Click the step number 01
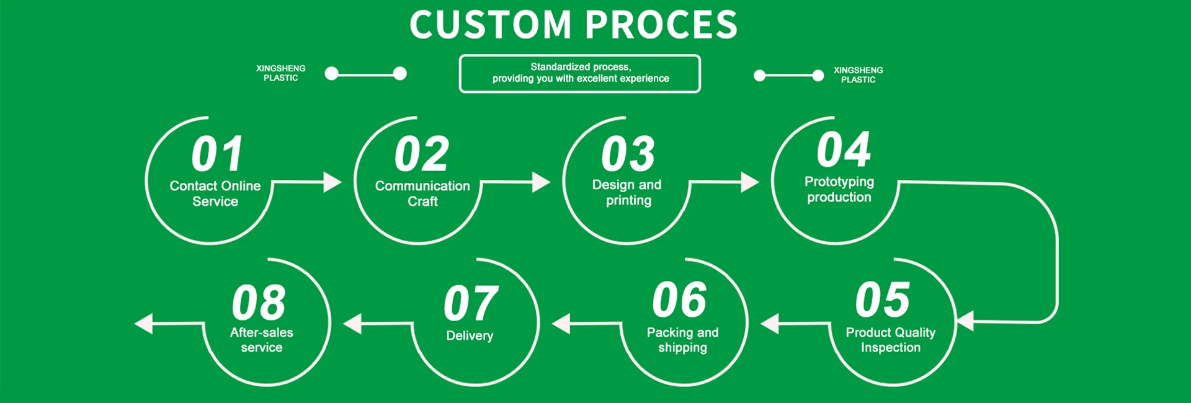pos(217,154)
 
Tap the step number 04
pos(844,149)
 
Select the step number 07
pos(471,303)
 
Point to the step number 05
pos(883,299)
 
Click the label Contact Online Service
pos(215,193)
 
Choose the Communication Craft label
pos(422,193)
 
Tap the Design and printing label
pos(627,192)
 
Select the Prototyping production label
pos(839,189)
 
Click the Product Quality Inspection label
pos(891,340)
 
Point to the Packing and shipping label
pos(682,340)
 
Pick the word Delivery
pos(470,335)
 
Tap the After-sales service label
pos(262,340)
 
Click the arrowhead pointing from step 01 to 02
pos(332,182)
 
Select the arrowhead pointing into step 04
pos(750,182)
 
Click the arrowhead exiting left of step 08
pos(143,324)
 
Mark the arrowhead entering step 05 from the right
pos(965,321)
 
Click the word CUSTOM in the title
pos(490,25)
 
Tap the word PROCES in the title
pos(661,25)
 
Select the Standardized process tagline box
pos(580,74)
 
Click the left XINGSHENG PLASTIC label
pos(281,73)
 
